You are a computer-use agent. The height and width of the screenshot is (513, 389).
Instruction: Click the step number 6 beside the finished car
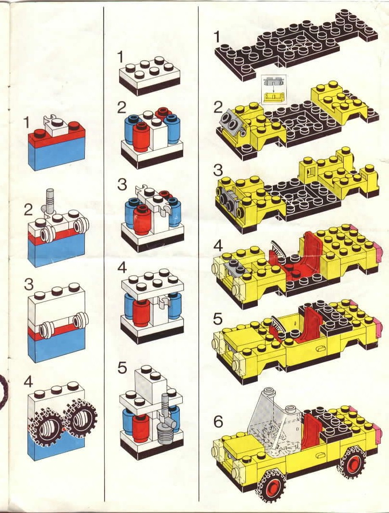(x=218, y=422)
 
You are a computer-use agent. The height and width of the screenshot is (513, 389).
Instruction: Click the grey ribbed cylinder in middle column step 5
(x=165, y=433)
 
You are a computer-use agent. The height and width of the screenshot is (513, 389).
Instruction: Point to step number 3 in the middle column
(x=121, y=184)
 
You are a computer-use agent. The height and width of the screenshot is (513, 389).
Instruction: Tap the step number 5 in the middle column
(x=122, y=368)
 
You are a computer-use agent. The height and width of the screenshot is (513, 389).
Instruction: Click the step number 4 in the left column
(x=28, y=381)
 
